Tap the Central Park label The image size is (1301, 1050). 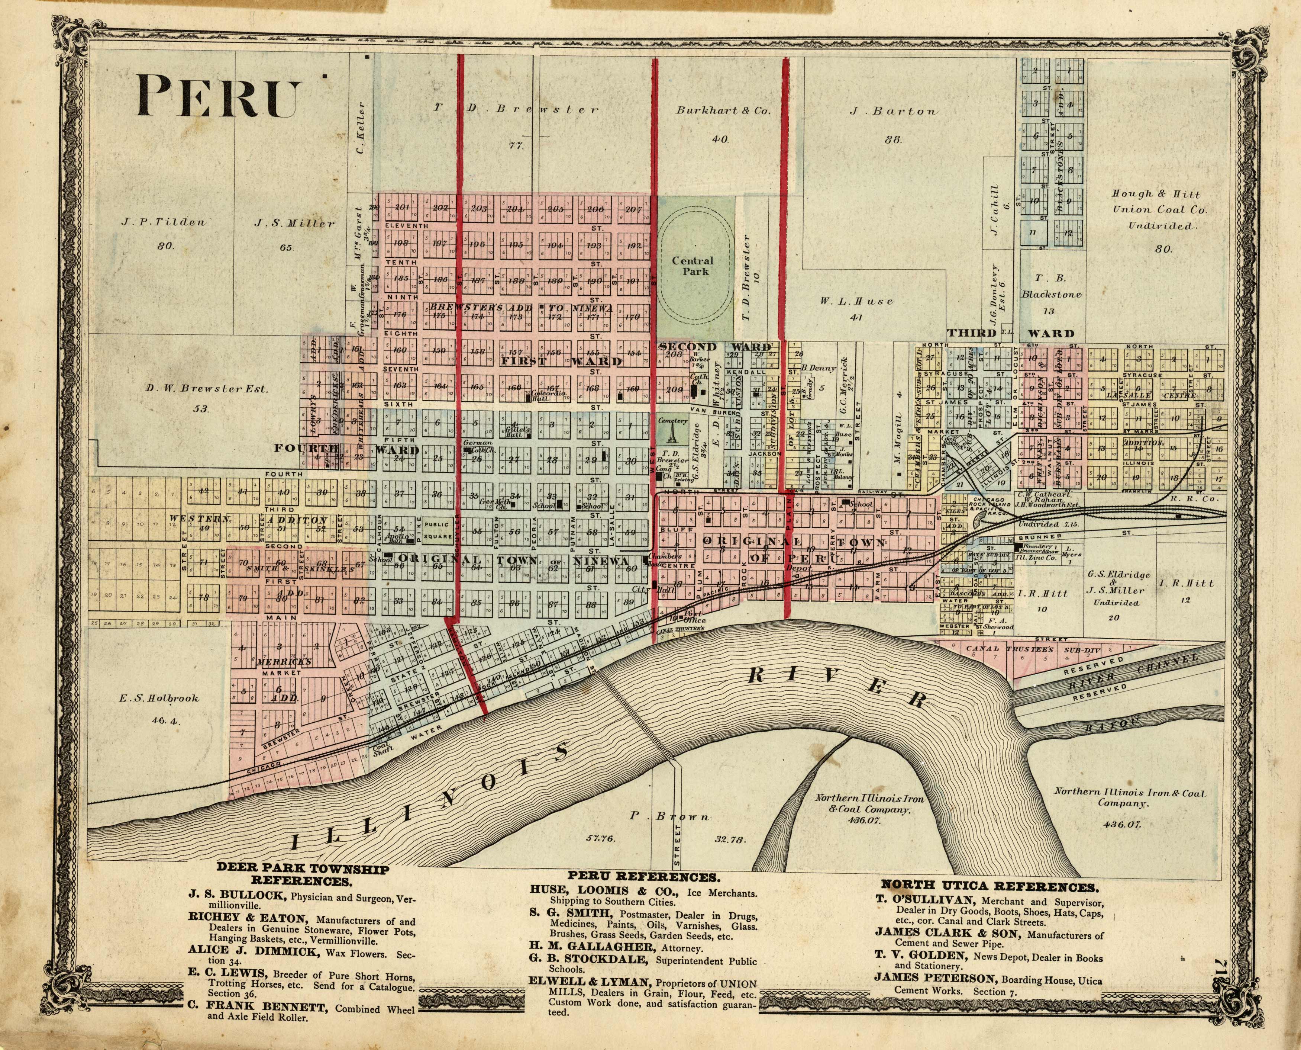pos(693,266)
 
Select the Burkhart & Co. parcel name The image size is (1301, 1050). pos(723,111)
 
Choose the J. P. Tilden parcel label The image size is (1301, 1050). pos(164,222)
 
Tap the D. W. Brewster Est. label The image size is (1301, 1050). pos(206,389)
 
